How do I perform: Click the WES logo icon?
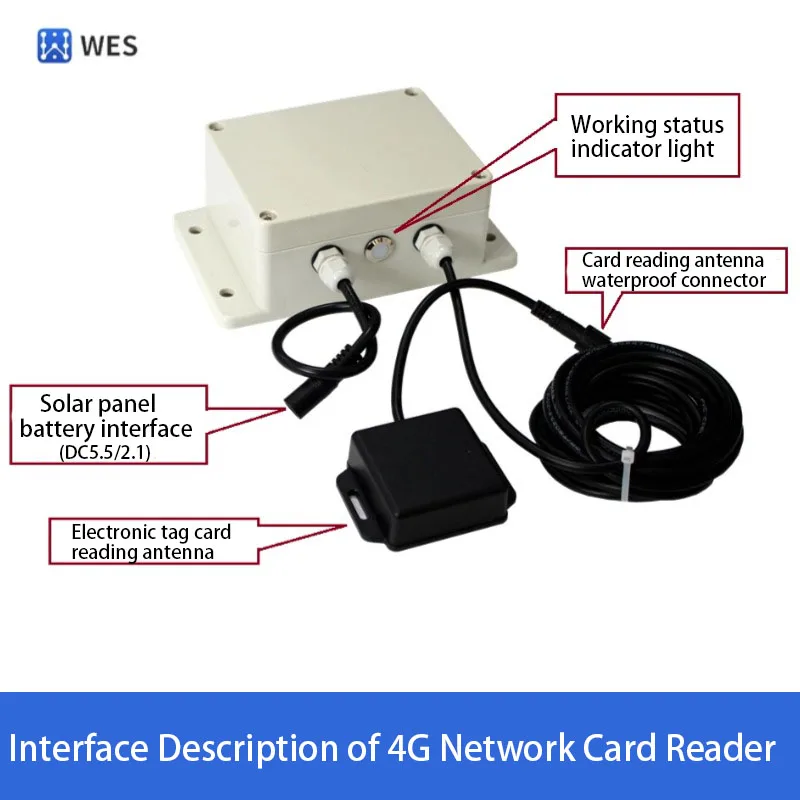point(55,46)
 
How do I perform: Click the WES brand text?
point(111,46)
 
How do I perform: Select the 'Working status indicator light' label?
point(647,137)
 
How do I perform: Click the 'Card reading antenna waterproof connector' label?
point(673,270)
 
